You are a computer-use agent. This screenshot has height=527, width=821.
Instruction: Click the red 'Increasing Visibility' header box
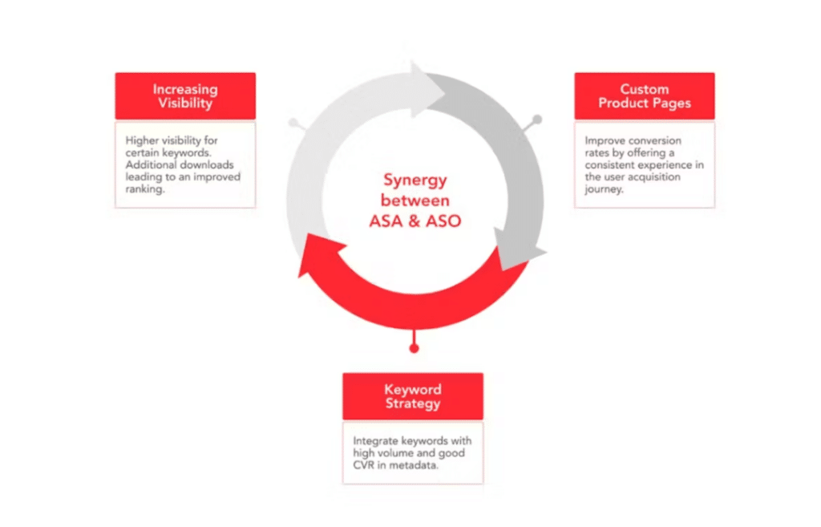[x=184, y=96]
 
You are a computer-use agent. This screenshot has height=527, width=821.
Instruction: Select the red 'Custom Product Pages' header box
[x=644, y=96]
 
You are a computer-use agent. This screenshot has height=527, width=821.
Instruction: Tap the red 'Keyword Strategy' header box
[x=412, y=396]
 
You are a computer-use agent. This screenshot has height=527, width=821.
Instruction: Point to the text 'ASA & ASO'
[x=415, y=221]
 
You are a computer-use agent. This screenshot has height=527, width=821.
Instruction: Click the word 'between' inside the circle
[x=415, y=200]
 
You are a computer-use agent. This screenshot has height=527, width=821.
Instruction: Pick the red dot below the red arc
[x=414, y=348]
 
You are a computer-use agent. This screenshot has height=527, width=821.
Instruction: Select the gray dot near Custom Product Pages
[x=537, y=120]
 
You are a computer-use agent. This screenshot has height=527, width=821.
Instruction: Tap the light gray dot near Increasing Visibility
[x=293, y=124]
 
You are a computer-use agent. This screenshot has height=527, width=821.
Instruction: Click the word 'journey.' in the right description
[x=605, y=189]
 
